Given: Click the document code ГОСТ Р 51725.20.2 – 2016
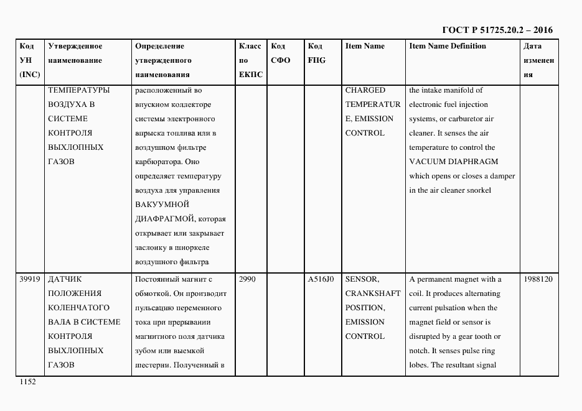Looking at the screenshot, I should (x=497, y=30).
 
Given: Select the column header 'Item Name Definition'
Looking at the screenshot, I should (x=447, y=46).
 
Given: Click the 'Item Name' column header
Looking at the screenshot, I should (x=365, y=46).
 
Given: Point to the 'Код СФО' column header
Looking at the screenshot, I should (x=281, y=53).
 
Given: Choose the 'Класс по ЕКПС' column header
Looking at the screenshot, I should (x=250, y=60).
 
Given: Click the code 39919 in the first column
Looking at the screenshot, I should (x=29, y=279).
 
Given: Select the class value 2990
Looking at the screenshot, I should (x=247, y=279).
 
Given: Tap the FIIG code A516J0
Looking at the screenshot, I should (x=321, y=279).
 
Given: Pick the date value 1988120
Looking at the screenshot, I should (x=538, y=279).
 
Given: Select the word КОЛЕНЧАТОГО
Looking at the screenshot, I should (x=78, y=308).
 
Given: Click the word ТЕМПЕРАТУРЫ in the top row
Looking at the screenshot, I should (x=78, y=90).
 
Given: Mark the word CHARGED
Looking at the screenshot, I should (x=365, y=90).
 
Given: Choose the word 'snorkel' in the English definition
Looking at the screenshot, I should (x=476, y=190).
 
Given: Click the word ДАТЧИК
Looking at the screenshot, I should (x=65, y=279).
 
